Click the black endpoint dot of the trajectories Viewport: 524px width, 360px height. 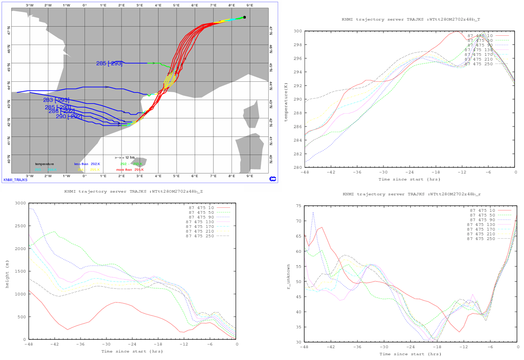244,17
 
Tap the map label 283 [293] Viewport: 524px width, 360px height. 56,100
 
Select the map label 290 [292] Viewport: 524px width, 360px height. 69,117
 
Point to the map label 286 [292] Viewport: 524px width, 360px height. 62,111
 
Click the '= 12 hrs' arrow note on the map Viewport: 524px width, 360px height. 125,157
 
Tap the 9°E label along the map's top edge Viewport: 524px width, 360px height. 250,5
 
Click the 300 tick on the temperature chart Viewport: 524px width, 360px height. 298,31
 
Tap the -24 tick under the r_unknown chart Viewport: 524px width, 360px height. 411,347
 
